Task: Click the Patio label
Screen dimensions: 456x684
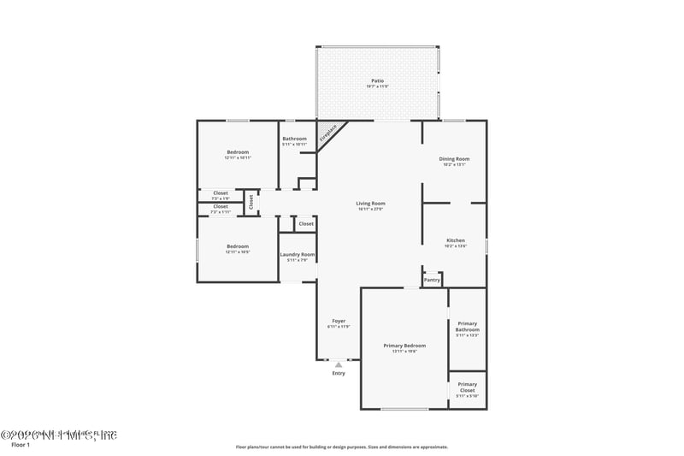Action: tap(377, 80)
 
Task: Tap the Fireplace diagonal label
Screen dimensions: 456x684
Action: tap(328, 133)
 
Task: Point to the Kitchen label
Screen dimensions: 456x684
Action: tap(456, 240)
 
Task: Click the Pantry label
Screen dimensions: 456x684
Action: tap(432, 280)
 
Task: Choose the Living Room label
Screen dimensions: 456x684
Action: tap(370, 203)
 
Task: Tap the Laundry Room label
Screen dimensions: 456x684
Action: tap(298, 254)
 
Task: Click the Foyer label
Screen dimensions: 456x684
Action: tap(339, 321)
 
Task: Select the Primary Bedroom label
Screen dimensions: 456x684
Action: tap(404, 345)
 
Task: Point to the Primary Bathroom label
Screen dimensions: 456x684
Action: tap(468, 327)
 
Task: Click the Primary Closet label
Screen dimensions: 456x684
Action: tap(468, 387)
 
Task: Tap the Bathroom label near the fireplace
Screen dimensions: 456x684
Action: tap(294, 139)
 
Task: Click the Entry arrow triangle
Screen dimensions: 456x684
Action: tap(339, 364)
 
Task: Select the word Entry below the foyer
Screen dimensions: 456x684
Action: tap(339, 374)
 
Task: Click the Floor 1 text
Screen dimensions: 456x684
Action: tap(21, 445)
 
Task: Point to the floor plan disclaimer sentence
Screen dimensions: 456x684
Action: tap(341, 447)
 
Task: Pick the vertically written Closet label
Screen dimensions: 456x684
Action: tap(251, 202)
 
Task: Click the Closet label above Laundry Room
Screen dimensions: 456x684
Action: tap(306, 223)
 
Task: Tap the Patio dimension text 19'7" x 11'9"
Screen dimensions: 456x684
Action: tap(377, 86)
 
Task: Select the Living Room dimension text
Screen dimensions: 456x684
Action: tap(370, 209)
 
